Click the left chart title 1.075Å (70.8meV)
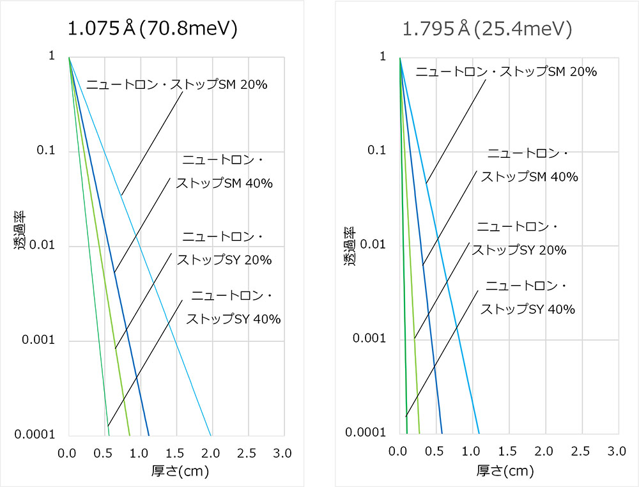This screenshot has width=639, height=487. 153,29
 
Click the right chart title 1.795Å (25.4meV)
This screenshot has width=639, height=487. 487,29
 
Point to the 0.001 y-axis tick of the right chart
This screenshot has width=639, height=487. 371,339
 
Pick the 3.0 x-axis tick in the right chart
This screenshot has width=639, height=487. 617,451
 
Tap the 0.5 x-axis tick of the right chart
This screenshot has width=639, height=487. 436,451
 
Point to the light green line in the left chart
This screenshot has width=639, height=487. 109,288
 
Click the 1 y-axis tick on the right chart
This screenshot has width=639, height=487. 383,57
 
